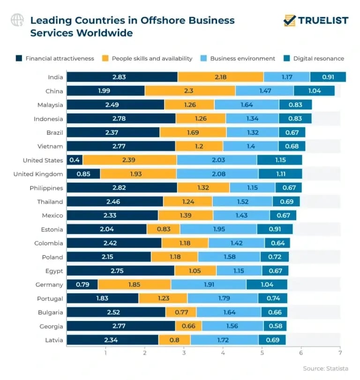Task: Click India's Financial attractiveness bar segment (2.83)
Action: pyautogui.click(x=122, y=77)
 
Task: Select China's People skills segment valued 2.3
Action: pyautogui.click(x=190, y=91)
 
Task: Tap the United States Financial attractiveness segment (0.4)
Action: pyautogui.click(x=75, y=160)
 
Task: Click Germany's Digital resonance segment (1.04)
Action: pyautogui.click(x=266, y=284)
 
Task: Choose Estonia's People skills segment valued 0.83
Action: pyautogui.click(x=163, y=229)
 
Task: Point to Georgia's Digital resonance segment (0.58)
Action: pyautogui.click(x=275, y=326)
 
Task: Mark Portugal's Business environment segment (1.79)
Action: pyautogui.click(x=222, y=298)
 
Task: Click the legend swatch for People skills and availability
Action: pyautogui.click(x=105, y=59)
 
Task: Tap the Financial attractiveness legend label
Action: pyautogui.click(x=60, y=59)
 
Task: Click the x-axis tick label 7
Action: pyautogui.click(x=340, y=353)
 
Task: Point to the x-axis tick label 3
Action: pyautogui.click(x=184, y=353)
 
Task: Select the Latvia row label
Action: pyautogui.click(x=53, y=340)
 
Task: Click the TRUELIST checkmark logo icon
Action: pyautogui.click(x=290, y=20)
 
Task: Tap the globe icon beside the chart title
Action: pyautogui.click(x=17, y=20)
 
